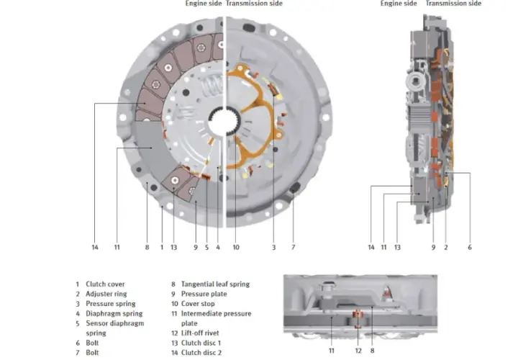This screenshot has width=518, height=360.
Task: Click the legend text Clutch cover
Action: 105,284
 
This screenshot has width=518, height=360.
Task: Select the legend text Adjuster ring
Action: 106,294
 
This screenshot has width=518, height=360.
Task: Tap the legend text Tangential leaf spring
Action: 215,284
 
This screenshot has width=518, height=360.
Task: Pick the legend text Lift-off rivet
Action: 200,333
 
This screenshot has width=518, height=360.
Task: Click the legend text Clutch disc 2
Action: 201,352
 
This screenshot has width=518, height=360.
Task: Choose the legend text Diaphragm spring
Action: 114,313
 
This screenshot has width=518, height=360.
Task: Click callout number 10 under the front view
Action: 236,247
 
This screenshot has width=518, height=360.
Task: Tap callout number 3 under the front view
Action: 273,247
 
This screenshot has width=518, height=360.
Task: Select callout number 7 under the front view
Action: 293,247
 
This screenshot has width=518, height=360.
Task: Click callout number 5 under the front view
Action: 206,247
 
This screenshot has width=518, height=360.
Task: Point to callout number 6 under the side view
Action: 469,247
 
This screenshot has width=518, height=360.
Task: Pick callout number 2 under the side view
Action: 445,247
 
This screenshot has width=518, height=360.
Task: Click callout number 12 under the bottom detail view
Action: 358,351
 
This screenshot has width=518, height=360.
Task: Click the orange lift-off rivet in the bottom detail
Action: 357,318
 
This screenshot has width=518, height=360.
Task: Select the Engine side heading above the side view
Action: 399,4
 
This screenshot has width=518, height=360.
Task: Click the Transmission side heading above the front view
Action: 254,4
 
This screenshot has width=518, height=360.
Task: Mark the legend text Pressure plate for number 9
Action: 204,294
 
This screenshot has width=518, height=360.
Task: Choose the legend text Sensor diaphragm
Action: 114,323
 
